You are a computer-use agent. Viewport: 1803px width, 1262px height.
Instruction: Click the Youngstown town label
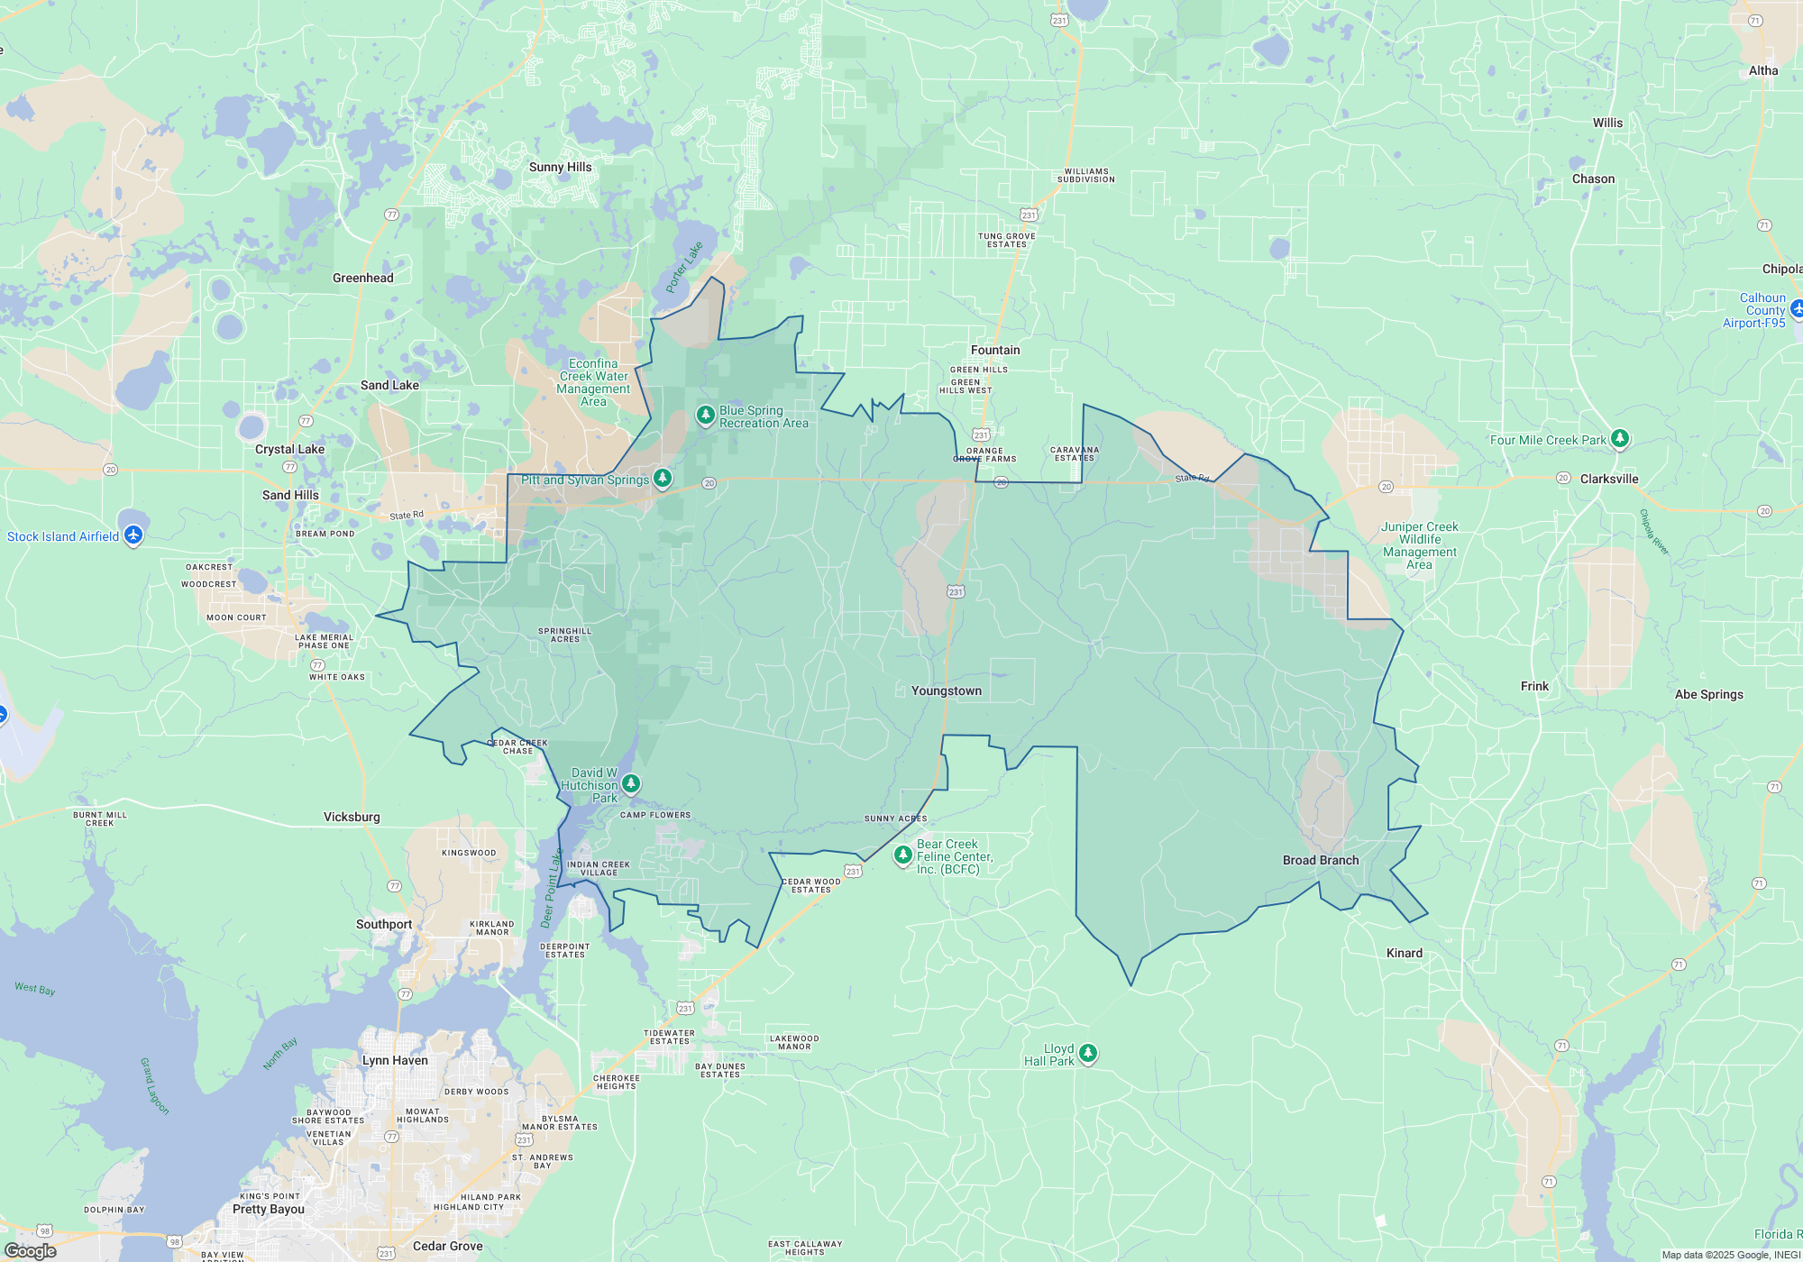(946, 691)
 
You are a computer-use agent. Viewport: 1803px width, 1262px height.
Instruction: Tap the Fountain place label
(995, 351)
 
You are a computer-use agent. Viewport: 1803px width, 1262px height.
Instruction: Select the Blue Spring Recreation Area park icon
(706, 415)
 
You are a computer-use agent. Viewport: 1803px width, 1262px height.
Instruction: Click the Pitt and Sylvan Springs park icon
(663, 477)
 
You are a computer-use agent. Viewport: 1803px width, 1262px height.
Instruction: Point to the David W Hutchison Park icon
(631, 782)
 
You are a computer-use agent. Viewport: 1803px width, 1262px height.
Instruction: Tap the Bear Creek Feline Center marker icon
(902, 853)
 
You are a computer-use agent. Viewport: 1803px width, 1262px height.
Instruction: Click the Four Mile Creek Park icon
(1620, 438)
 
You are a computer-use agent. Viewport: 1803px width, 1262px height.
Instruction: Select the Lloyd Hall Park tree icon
(1088, 1052)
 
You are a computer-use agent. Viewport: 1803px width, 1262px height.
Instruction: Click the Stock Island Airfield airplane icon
(133, 535)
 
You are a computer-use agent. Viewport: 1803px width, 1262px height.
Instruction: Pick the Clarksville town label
(1609, 480)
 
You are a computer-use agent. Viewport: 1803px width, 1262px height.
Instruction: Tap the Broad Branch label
(1321, 861)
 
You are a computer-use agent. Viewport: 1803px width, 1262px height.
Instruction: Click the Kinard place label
(1404, 954)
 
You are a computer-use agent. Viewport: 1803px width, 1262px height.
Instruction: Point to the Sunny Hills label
(560, 168)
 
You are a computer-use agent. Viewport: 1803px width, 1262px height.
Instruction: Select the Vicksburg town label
(352, 818)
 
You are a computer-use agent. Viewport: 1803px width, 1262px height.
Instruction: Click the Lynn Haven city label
(395, 1061)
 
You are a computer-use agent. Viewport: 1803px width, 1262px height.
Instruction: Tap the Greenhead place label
(362, 279)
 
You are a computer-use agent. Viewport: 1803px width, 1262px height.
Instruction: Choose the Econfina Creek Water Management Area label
(593, 383)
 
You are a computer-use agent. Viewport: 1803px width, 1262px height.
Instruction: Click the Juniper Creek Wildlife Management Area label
(1419, 546)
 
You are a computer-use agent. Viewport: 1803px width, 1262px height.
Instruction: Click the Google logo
(31, 1251)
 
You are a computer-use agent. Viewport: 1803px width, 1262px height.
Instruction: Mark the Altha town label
(1763, 71)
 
